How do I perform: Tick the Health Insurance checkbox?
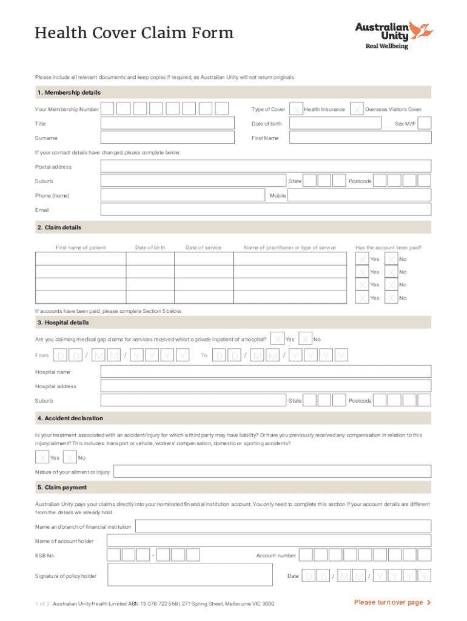coord(297,109)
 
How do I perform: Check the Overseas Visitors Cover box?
coord(358,109)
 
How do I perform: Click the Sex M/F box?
coord(425,124)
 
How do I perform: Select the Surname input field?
coord(167,138)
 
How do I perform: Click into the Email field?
coord(266,210)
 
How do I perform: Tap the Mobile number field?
coord(359,195)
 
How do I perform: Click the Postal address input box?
coord(266,167)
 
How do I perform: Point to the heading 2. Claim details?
coord(59,227)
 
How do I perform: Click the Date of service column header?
coord(203,247)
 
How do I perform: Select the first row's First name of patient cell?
coord(80,259)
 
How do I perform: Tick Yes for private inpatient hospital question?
coord(277,339)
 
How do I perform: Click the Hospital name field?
coord(266,372)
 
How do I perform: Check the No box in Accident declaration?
coord(70,458)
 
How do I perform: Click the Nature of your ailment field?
coord(272,472)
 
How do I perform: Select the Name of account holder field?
coord(269,541)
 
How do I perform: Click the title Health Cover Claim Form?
coord(134,33)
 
